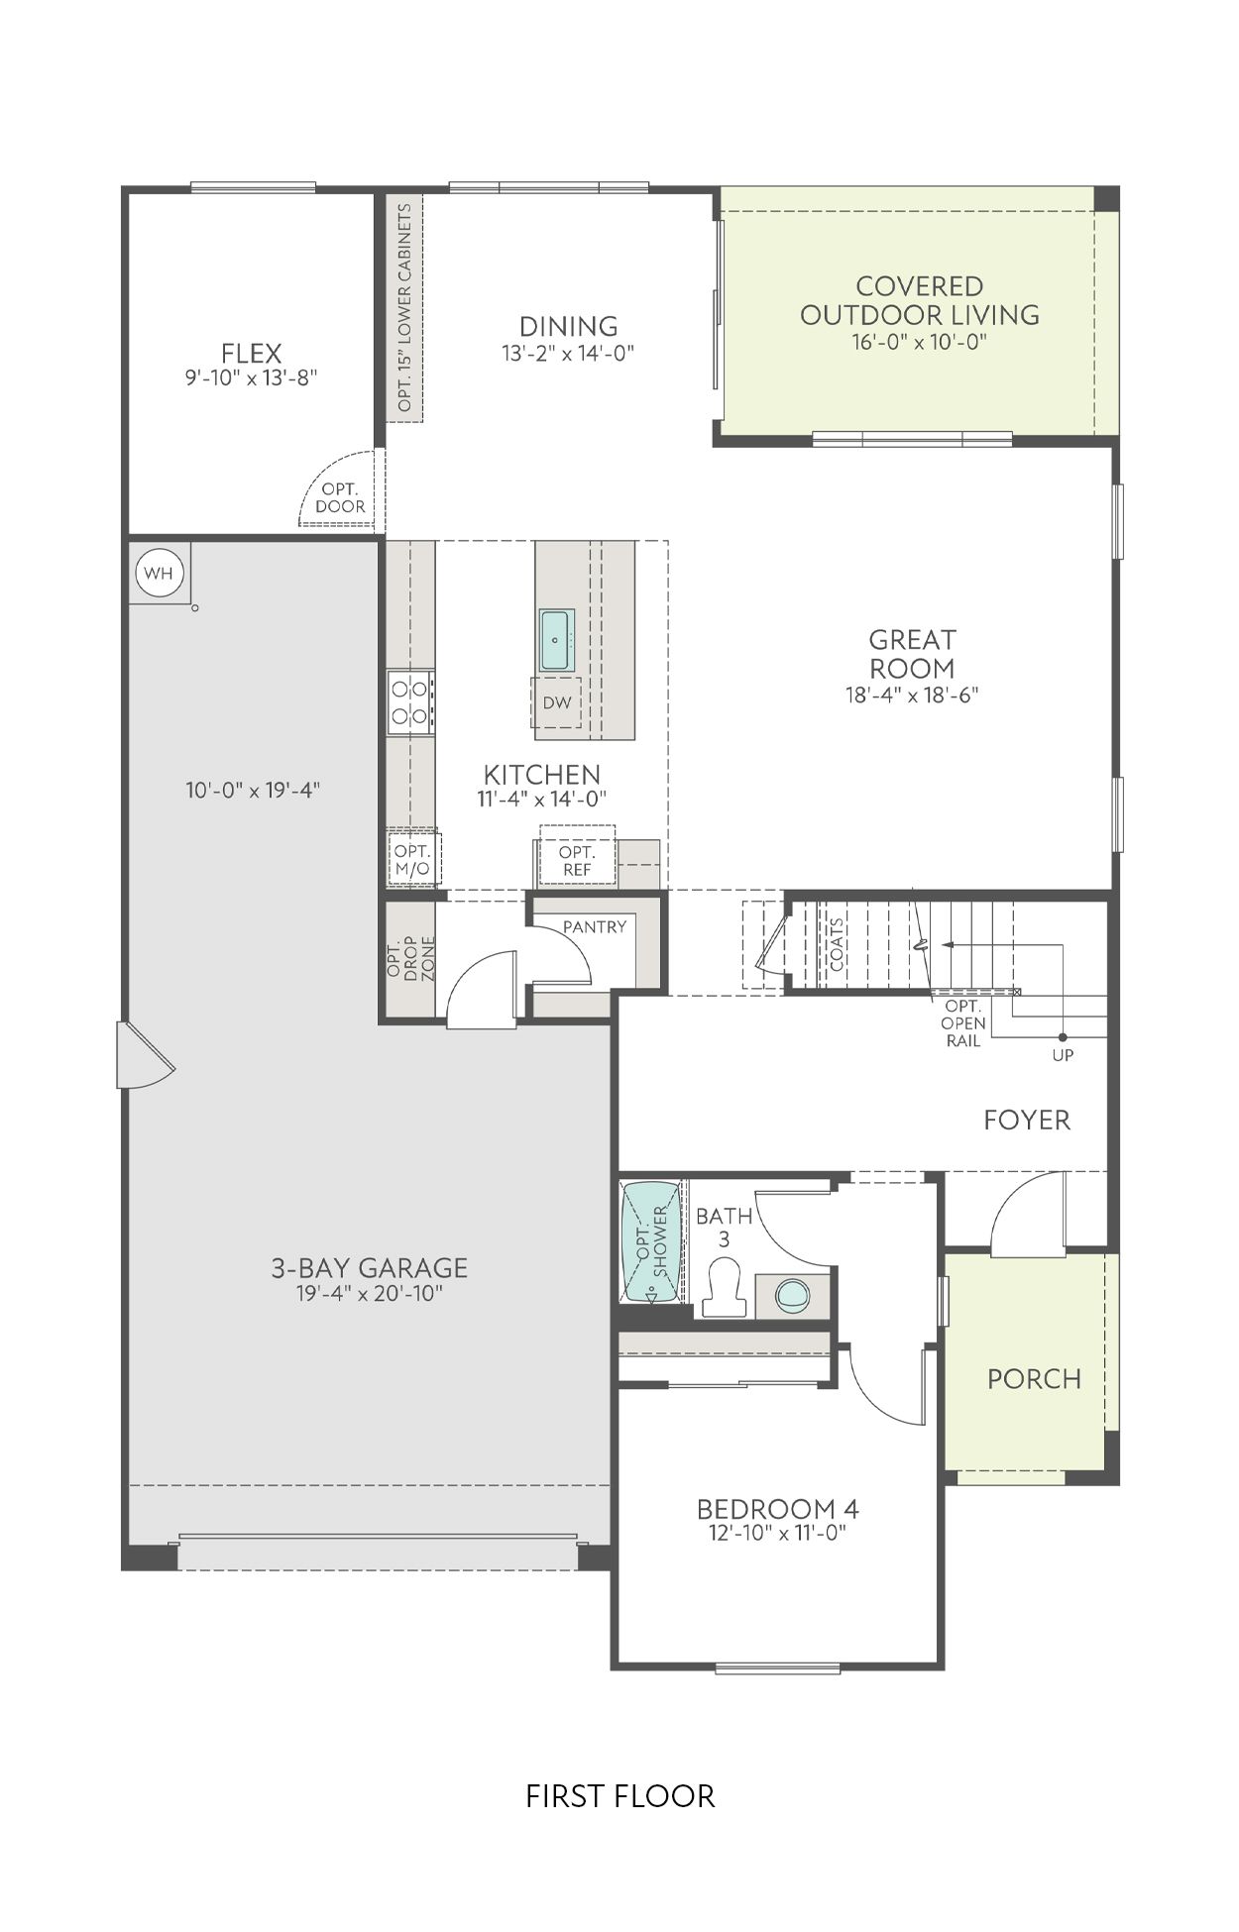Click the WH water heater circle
pos(159,574)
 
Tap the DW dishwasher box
pos(557,702)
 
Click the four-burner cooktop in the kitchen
pos(409,700)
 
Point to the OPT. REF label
pos(576,861)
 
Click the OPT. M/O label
pos(412,860)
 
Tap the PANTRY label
pos(595,926)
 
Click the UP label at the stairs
pos(1063,1055)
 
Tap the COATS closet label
pos(838,944)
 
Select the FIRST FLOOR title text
pos(619,1796)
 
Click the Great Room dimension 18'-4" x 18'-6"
pos(912,695)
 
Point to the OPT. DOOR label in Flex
pos(340,498)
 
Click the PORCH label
pos(1034,1378)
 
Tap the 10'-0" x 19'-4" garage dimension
pos(253,791)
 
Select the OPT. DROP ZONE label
pos(410,958)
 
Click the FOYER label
pos(1027,1120)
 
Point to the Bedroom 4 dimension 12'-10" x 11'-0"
pos(777,1534)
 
